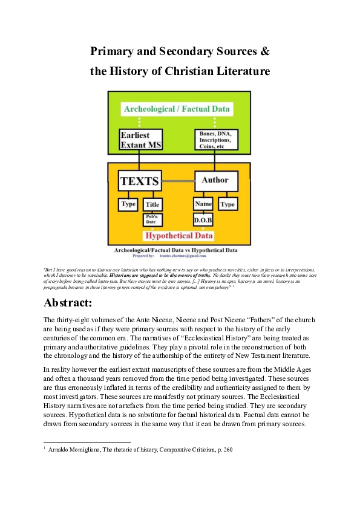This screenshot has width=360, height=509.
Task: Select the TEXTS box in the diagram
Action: pyautogui.click(x=140, y=181)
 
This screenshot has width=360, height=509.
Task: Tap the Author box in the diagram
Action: pyautogui.click(x=215, y=180)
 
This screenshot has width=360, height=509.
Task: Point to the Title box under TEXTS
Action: pyautogui.click(x=152, y=205)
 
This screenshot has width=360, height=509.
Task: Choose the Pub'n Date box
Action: pyautogui.click(x=152, y=219)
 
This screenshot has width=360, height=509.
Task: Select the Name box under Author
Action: pyautogui.click(x=203, y=204)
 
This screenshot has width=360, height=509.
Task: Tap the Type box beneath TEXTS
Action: pyautogui.click(x=128, y=204)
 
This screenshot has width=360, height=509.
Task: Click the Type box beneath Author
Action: pyautogui.click(x=227, y=204)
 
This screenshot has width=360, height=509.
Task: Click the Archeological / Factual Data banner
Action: pyautogui.click(x=177, y=109)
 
